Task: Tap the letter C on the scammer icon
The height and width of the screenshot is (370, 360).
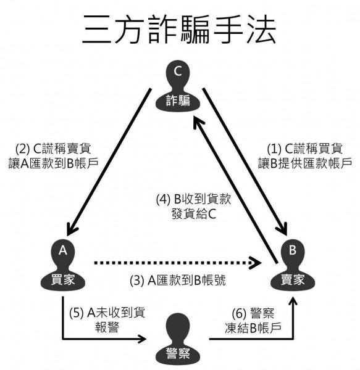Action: tap(178, 72)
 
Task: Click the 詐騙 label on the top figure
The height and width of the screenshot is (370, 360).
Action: tap(178, 101)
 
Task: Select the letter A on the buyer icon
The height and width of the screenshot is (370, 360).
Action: tap(62, 250)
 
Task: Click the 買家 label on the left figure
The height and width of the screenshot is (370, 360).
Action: tap(62, 279)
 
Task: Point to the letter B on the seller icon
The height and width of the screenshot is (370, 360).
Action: tap(293, 250)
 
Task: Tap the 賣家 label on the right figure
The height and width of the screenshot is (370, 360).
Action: tap(292, 279)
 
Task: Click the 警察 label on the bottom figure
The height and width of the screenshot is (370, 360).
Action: tap(178, 353)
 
